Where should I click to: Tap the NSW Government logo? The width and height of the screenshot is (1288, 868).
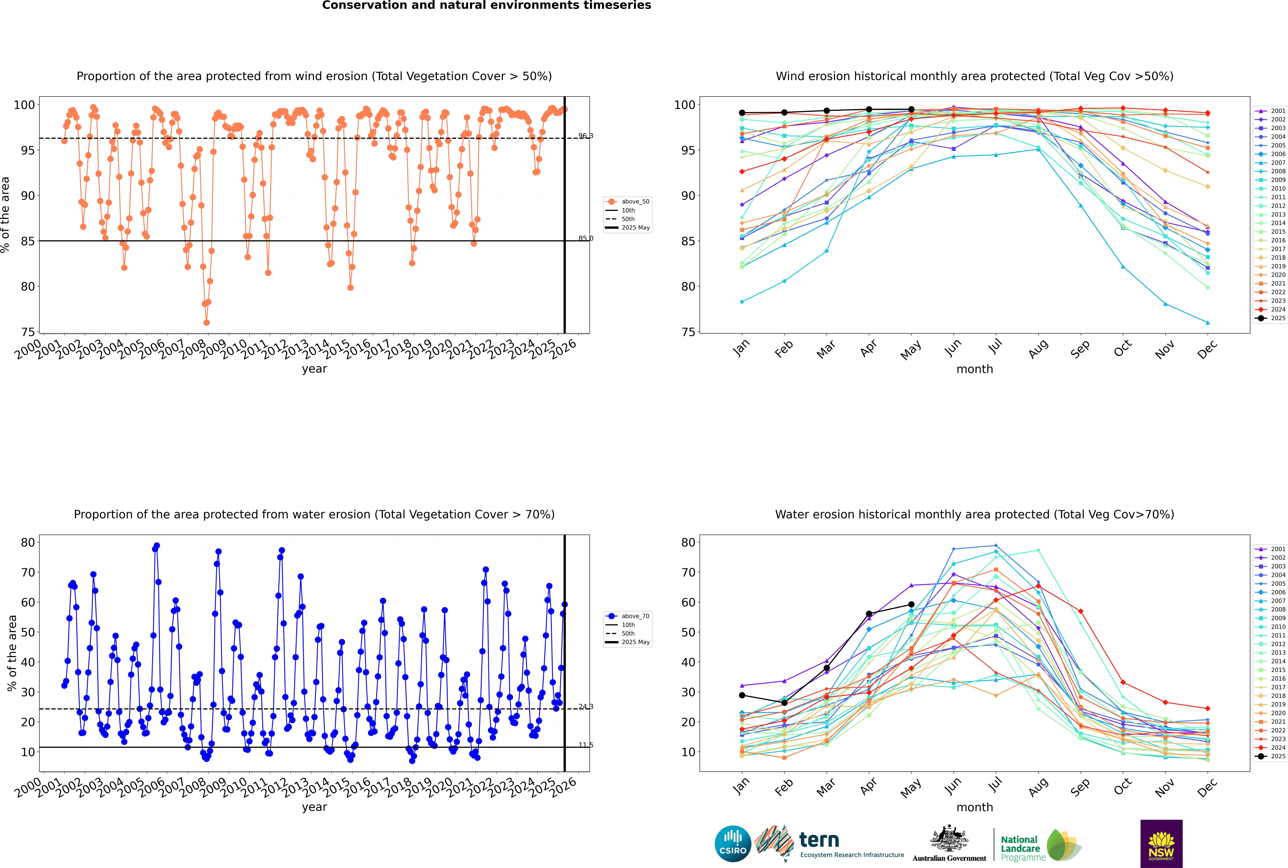(x=1161, y=844)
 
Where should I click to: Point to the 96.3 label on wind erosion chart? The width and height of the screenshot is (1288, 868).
(x=585, y=136)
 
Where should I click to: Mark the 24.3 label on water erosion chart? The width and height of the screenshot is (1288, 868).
(x=585, y=706)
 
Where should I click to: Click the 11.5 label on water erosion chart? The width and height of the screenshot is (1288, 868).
(x=585, y=745)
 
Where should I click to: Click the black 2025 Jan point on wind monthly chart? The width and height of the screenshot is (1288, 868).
(x=742, y=113)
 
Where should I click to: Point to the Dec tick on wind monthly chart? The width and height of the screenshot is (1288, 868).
(x=1207, y=349)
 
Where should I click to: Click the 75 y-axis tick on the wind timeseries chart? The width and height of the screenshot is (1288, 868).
(x=28, y=332)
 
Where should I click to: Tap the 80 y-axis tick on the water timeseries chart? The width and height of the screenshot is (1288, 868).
(x=28, y=543)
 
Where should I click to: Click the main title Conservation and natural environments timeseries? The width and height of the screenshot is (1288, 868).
(x=486, y=5)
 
